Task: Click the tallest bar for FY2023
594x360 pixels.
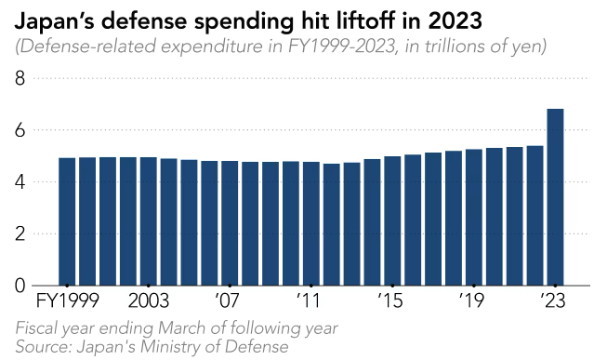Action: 555,197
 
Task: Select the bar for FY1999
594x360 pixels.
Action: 67,221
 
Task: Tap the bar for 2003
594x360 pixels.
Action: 149,221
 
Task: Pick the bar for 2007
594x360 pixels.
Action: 230,223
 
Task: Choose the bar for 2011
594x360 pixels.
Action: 311,223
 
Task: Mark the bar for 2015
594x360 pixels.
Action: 392,220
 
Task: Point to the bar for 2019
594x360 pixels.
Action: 474,218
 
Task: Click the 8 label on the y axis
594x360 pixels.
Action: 20,78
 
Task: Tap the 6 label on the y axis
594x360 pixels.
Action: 20,130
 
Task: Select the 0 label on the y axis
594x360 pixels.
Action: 20,286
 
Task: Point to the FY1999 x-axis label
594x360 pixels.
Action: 68,300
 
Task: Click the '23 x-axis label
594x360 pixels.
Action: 553,300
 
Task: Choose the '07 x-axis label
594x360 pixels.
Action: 228,300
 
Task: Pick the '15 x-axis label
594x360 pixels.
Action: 390,300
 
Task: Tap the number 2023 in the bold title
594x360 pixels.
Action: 455,21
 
